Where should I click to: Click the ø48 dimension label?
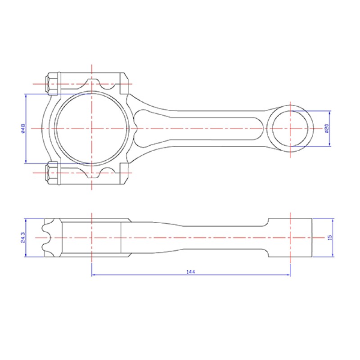[x=23, y=129]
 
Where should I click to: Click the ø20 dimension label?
[x=327, y=129]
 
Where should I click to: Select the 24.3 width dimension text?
[x=23, y=238]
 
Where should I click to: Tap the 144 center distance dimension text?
[x=190, y=272]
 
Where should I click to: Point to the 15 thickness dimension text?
[x=330, y=238]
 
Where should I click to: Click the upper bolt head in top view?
[x=52, y=84]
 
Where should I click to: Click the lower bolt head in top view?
[x=52, y=173]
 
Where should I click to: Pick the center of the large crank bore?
[x=92, y=128]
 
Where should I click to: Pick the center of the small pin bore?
[x=290, y=128]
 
